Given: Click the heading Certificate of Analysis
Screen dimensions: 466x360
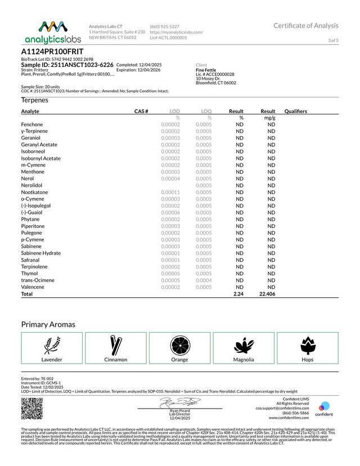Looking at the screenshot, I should pos(306,25).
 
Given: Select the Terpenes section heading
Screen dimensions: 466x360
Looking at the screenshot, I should pos(34,100).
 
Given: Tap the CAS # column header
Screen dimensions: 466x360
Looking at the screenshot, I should pos(141,111).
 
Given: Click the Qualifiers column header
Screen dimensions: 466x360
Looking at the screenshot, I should pos(296,111).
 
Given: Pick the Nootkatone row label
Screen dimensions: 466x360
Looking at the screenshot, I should pos(34,192).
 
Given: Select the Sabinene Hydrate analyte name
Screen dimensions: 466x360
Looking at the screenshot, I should pos(41,253).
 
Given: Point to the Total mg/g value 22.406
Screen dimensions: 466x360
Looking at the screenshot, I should pos(267,294).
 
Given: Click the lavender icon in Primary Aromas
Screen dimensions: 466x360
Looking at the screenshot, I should pos(52,344).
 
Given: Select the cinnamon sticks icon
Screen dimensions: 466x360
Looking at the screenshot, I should pos(116,344).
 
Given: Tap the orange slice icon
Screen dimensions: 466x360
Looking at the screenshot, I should pos(179,344).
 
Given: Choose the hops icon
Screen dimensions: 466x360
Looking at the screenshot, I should pos(307,344).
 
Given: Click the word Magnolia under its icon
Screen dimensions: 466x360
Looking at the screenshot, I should pos(244,360).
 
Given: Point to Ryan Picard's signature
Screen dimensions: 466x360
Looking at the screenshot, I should pos(179,402).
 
